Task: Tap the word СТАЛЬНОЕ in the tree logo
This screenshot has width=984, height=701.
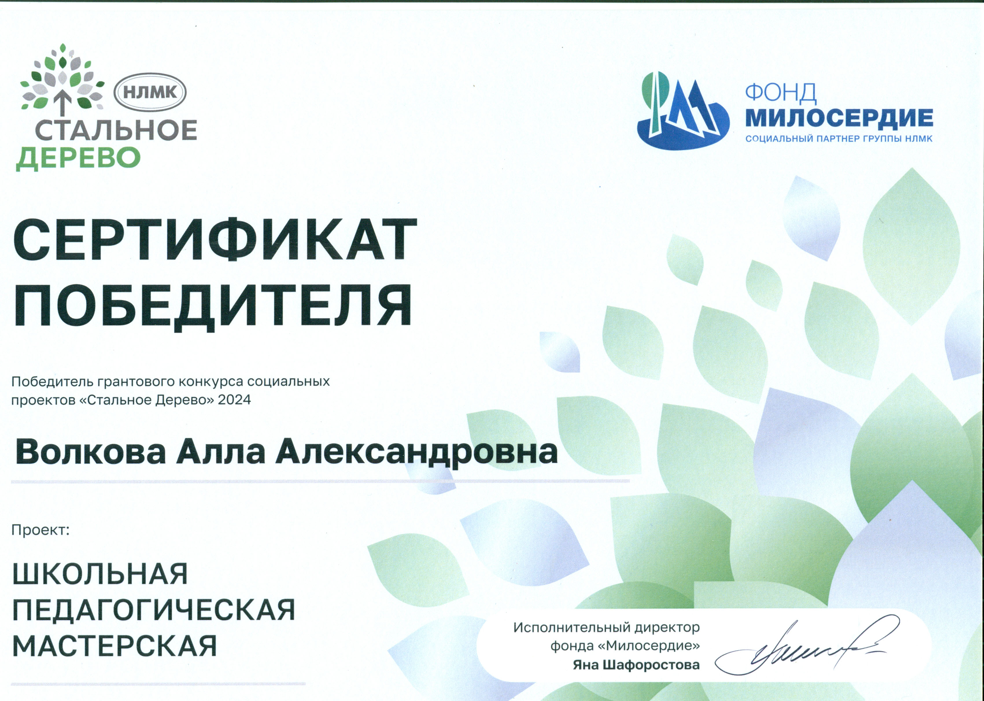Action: click(x=116, y=130)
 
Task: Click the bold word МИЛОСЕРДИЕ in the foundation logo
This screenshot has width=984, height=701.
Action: click(x=839, y=118)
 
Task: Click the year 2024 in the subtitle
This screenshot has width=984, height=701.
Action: click(x=234, y=400)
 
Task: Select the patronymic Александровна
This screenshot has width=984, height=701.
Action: click(x=416, y=452)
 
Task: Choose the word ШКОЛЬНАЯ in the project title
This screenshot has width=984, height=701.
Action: click(x=100, y=574)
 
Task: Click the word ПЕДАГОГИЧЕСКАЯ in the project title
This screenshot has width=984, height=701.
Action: click(x=154, y=610)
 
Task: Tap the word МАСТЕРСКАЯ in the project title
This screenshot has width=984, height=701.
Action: click(x=115, y=646)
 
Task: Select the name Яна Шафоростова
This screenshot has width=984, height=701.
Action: click(x=636, y=665)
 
